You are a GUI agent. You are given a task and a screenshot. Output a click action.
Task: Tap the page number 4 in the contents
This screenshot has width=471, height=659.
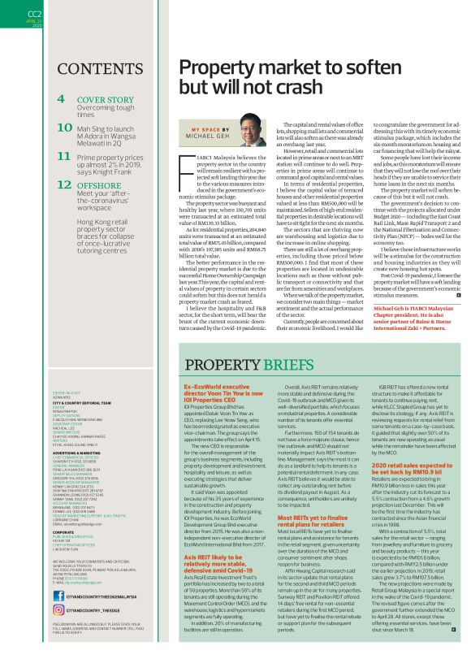[62, 99]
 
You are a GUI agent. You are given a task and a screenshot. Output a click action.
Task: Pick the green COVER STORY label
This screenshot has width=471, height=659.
[106, 98]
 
